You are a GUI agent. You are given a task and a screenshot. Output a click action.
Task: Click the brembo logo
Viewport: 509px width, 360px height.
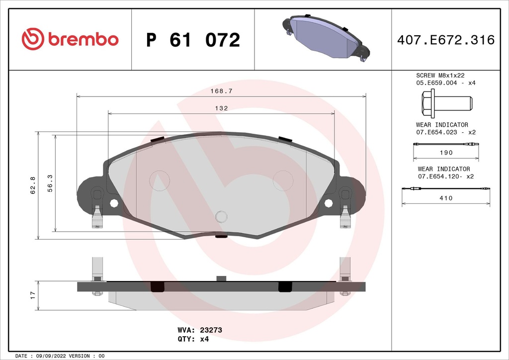point(70,39)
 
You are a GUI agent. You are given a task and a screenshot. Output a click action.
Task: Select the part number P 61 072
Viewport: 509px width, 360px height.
point(193,40)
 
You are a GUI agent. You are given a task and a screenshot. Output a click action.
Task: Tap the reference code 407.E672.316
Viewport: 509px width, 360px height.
point(445,40)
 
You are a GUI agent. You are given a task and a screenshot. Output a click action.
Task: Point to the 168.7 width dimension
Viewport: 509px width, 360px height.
point(222,91)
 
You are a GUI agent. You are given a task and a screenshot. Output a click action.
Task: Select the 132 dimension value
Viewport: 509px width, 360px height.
point(222,108)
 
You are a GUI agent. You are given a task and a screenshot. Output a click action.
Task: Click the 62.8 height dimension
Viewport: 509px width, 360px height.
point(33,185)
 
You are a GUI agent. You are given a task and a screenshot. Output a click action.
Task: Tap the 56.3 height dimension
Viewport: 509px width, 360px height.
point(49,182)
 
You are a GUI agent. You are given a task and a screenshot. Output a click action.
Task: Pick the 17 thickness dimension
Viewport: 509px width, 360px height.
point(33,295)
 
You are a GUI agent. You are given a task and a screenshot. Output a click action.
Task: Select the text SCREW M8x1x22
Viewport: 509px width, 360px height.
point(440,76)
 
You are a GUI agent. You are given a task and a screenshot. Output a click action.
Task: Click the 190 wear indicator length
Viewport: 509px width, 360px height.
point(446,153)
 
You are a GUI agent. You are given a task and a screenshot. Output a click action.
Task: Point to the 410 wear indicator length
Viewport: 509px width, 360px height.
point(446,198)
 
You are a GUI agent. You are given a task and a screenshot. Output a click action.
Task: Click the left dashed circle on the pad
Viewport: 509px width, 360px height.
point(160,180)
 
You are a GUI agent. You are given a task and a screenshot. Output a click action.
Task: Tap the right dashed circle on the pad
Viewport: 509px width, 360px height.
point(283,180)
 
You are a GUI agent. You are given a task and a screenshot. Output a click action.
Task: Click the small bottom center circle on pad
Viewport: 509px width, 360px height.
point(221,216)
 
